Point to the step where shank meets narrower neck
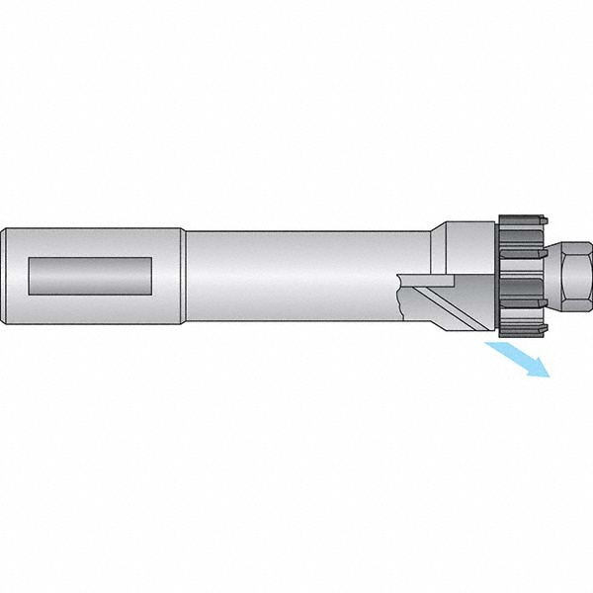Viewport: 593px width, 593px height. (x=184, y=277)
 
